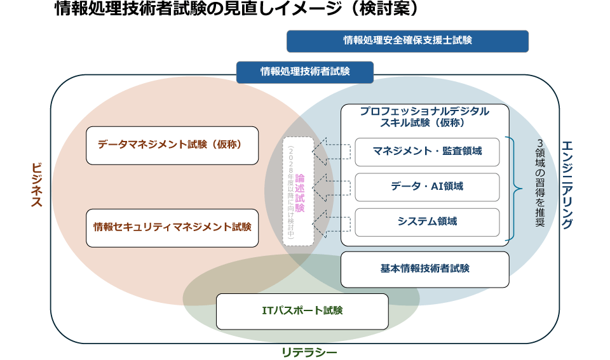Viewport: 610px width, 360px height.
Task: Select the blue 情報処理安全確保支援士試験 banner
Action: click(407, 41)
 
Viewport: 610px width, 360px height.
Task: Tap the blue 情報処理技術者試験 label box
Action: click(305, 72)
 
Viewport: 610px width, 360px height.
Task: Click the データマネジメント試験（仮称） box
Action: click(172, 145)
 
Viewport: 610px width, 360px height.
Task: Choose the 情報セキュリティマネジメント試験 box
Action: click(172, 227)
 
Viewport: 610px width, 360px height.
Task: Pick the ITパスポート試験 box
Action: click(302, 311)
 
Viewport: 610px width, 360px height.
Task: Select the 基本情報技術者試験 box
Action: click(424, 269)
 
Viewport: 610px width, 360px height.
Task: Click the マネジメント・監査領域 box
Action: click(427, 152)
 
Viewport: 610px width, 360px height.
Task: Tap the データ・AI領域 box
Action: click(427, 187)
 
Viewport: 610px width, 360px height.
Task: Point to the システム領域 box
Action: click(427, 222)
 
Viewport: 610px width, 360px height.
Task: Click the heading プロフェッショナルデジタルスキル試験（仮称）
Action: click(424, 116)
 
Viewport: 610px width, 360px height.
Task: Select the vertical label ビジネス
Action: click(36, 185)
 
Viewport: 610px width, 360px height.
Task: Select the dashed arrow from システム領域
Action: click(332, 222)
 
